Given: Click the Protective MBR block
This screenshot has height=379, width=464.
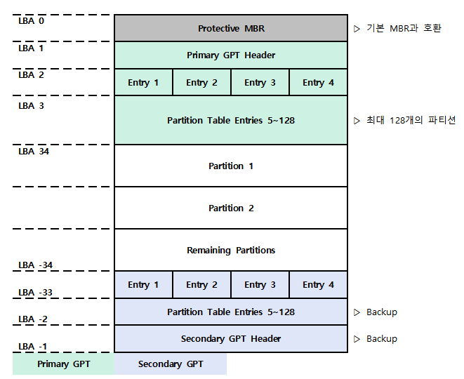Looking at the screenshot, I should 230,28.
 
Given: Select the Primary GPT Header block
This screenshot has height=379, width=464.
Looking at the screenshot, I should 230,55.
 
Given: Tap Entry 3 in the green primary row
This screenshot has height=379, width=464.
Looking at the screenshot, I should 260,82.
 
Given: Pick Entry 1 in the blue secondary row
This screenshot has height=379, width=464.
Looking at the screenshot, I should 143,284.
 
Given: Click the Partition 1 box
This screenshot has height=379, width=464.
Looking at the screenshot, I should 230,166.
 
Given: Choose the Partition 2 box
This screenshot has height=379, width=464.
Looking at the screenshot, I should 230,208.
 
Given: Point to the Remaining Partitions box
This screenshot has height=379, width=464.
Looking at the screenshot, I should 230,250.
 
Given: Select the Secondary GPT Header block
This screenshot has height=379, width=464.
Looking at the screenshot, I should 230,338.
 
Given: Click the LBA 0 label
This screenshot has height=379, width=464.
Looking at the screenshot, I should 31,21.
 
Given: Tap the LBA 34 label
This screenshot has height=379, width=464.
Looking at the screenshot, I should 34,151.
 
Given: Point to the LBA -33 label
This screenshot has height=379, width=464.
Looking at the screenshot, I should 35,292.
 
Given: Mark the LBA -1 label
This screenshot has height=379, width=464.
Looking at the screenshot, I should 32,346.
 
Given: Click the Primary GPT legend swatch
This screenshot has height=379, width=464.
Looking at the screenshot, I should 63,364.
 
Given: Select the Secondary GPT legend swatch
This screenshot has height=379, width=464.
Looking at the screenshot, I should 171,364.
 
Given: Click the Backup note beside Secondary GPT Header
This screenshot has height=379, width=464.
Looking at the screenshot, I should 381,338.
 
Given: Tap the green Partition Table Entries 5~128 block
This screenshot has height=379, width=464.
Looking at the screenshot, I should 230,120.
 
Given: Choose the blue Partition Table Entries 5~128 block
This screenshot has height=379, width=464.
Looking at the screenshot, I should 230,312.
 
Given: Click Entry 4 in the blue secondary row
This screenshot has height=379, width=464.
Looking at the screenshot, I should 318,284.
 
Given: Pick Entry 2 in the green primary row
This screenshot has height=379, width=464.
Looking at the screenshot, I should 201,82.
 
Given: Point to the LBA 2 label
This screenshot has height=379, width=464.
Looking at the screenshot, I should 31,74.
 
